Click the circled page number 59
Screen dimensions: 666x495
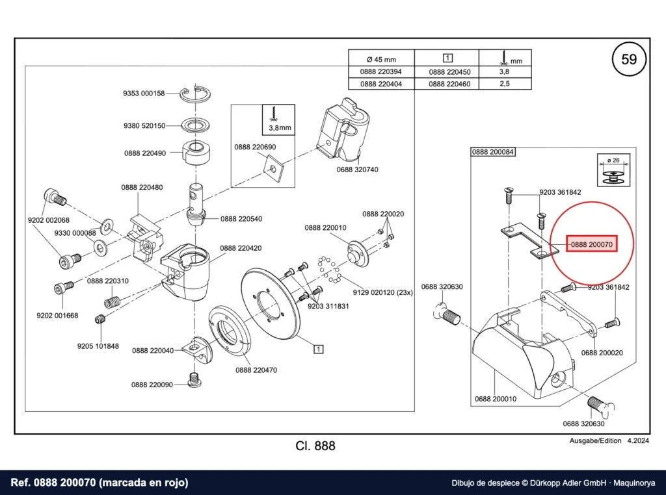point(629,59)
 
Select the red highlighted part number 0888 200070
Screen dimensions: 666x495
point(592,244)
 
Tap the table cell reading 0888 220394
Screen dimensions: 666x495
point(381,71)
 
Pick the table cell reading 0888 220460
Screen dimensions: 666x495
point(449,84)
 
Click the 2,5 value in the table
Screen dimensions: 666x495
point(505,83)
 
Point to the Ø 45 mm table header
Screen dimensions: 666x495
point(381,59)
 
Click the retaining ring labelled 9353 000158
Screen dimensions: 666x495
point(195,94)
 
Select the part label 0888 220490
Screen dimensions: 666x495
point(145,153)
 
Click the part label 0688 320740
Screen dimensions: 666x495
point(357,170)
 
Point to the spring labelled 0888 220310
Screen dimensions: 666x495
point(112,301)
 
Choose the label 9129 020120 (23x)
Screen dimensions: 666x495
point(382,293)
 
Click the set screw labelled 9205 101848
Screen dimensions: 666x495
point(100,320)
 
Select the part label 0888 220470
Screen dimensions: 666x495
point(256,370)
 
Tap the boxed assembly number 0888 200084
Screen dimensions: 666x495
point(493,152)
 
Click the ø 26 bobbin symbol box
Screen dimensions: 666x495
point(613,170)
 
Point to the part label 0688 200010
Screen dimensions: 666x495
point(496,399)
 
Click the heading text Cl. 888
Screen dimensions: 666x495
point(315,446)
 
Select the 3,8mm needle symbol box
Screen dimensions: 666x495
point(278,120)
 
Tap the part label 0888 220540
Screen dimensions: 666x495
point(241,219)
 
